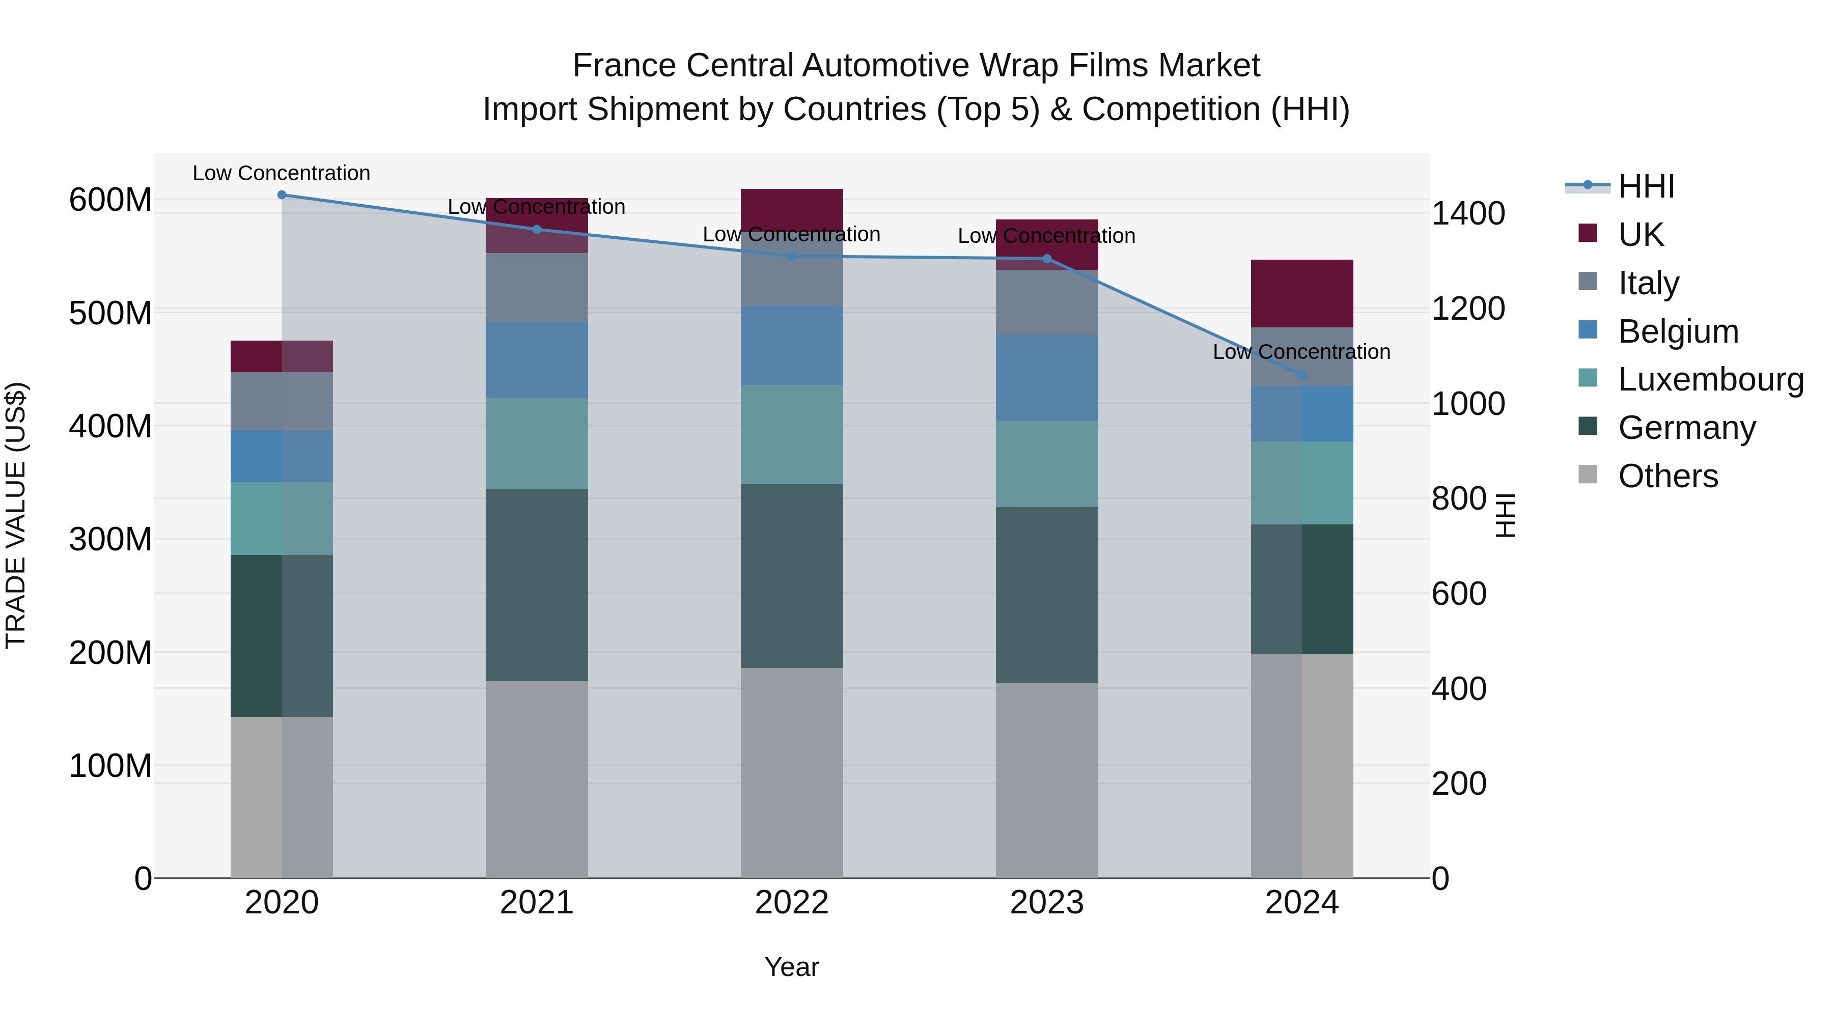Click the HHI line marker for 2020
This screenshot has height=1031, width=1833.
[282, 195]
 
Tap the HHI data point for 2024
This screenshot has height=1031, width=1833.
[1302, 375]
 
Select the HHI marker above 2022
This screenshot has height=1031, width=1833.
[792, 256]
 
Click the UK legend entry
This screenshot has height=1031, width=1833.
[1641, 234]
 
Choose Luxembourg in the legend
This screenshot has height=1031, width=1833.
[1711, 379]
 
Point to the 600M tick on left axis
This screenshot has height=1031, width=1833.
[110, 200]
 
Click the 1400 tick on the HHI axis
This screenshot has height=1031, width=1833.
[1468, 213]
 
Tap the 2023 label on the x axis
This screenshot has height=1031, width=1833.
[1047, 903]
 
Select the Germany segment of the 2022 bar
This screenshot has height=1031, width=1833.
[792, 576]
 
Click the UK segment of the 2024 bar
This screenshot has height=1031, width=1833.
[1302, 293]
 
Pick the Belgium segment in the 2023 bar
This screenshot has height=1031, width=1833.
[1047, 378]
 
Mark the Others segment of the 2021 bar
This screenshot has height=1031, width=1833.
[537, 779]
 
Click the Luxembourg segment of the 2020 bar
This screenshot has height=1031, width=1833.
[282, 519]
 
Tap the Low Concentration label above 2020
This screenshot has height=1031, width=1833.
[282, 173]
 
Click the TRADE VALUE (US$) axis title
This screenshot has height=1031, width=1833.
[16, 515]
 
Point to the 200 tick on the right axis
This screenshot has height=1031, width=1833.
[1459, 784]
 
